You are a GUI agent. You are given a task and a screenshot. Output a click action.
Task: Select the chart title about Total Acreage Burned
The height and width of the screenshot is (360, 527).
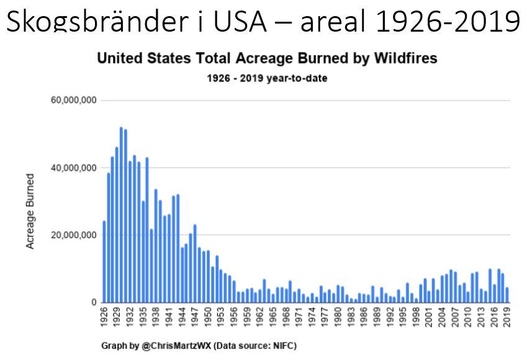pyautogui.click(x=268, y=59)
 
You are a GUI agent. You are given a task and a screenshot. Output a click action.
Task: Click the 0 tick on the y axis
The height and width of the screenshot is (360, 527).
pyautogui.click(x=93, y=302)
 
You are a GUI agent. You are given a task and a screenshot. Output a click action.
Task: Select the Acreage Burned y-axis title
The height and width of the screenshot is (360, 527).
pyautogui.click(x=30, y=212)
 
